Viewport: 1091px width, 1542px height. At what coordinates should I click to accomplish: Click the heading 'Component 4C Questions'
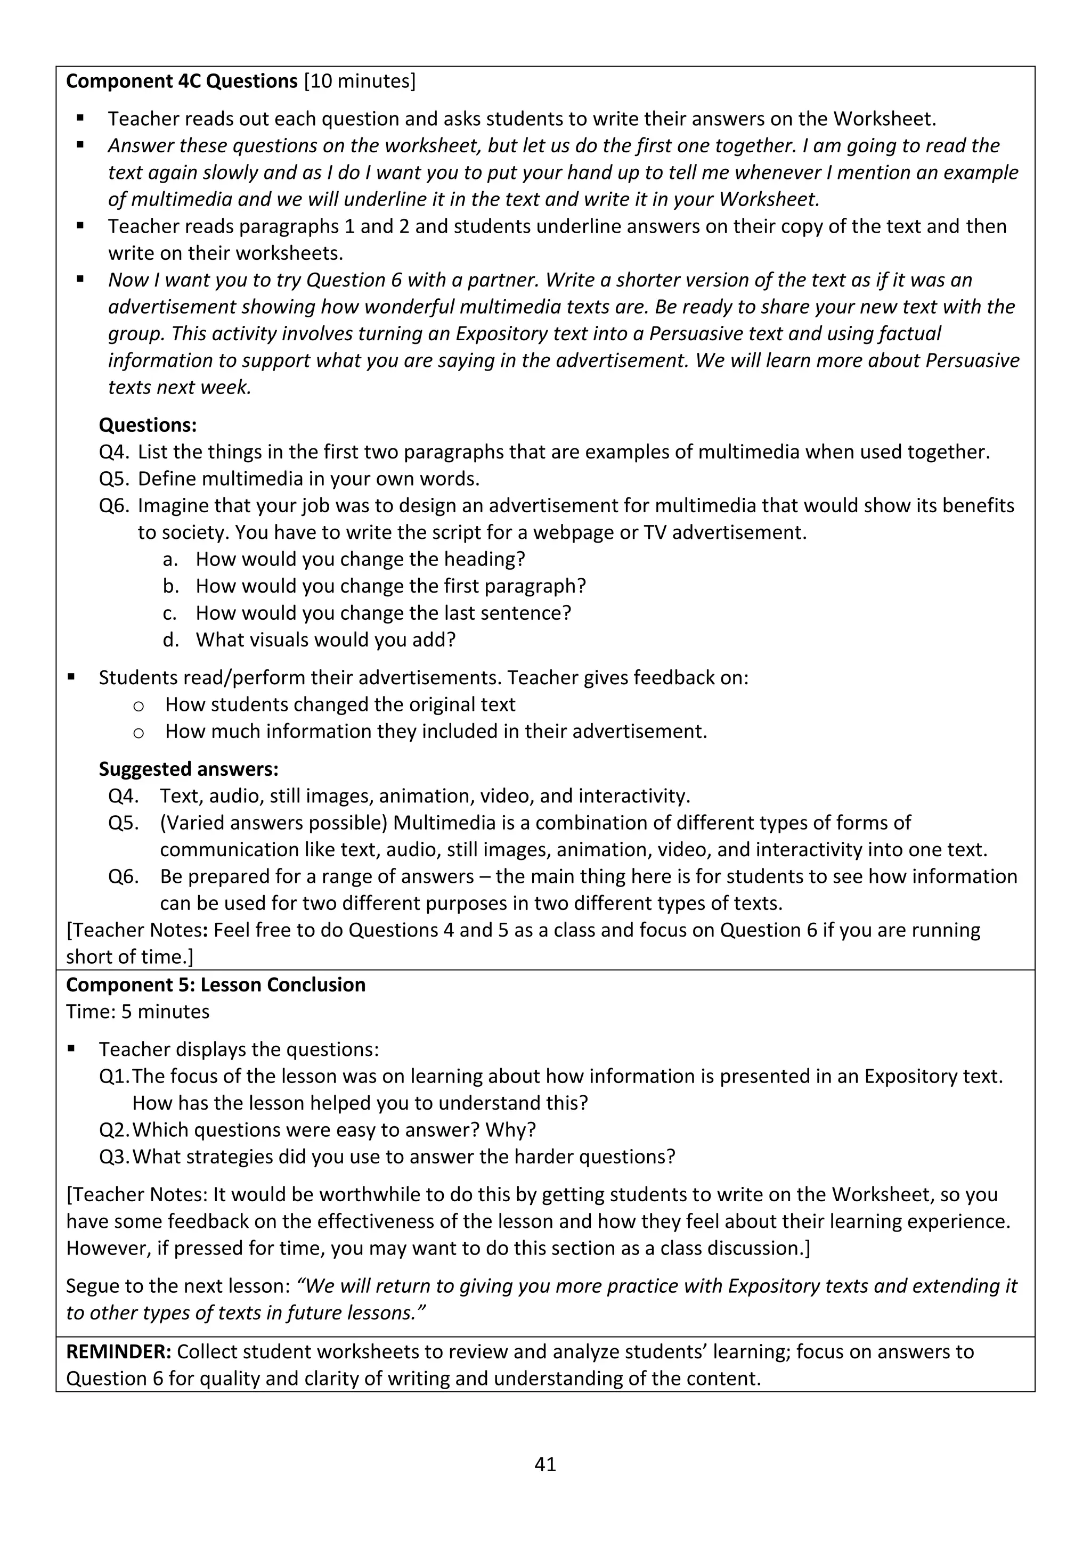[181, 81]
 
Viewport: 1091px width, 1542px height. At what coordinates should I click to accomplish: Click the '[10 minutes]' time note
[360, 81]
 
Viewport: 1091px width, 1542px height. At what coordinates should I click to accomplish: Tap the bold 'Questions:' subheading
[148, 425]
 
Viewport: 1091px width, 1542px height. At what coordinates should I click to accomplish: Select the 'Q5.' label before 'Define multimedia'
[114, 479]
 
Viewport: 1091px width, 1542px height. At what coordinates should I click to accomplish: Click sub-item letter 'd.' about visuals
[170, 640]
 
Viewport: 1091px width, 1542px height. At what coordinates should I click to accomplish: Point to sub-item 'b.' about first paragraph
[170, 586]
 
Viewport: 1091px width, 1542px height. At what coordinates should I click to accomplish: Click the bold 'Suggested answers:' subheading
[188, 769]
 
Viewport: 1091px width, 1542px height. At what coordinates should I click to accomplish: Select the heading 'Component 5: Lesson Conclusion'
[216, 985]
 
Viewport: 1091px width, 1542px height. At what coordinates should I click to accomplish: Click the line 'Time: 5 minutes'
[138, 1012]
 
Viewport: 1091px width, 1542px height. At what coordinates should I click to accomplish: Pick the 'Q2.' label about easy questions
[114, 1130]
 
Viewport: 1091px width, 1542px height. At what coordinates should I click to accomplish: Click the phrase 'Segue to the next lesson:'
[177, 1286]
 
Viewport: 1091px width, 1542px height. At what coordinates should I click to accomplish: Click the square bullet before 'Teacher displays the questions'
[72, 1049]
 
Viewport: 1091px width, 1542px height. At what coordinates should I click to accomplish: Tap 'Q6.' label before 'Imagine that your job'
[114, 506]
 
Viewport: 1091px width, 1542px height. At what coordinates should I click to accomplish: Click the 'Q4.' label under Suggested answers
[124, 796]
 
